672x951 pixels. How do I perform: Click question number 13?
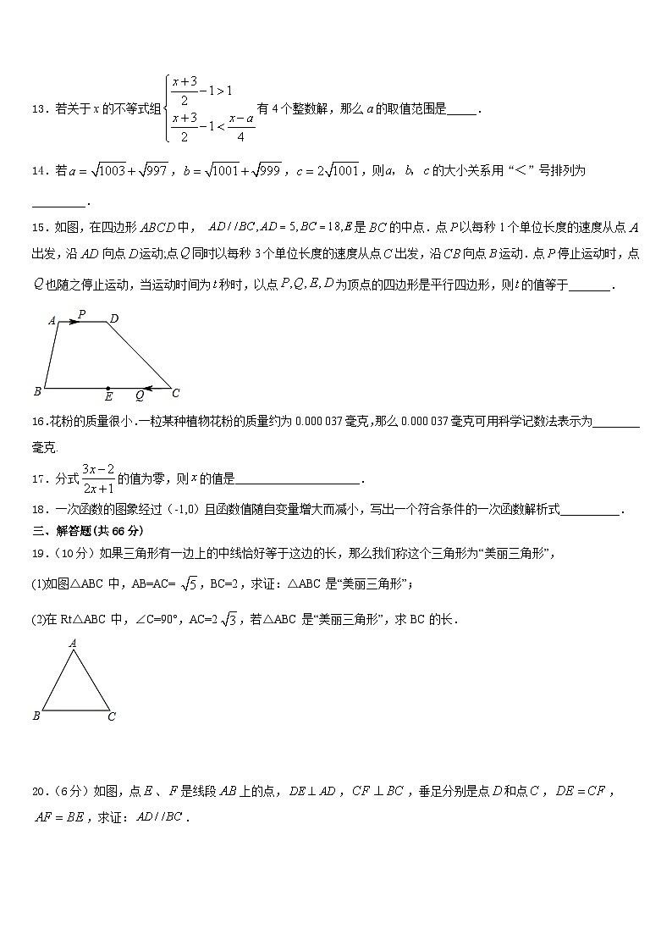(39, 109)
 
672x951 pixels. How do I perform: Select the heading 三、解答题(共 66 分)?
(87, 531)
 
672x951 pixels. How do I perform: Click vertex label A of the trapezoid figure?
(52, 321)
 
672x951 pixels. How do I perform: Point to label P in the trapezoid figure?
(81, 314)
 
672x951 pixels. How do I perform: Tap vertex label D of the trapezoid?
(113, 318)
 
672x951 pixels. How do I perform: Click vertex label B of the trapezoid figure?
(37, 391)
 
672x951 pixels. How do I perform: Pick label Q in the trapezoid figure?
(140, 395)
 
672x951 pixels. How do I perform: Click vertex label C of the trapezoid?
(176, 393)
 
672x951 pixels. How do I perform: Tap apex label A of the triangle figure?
(73, 644)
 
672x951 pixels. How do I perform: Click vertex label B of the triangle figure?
(36, 716)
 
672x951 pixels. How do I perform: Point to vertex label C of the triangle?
(112, 716)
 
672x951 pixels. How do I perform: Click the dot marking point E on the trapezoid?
(107, 388)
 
